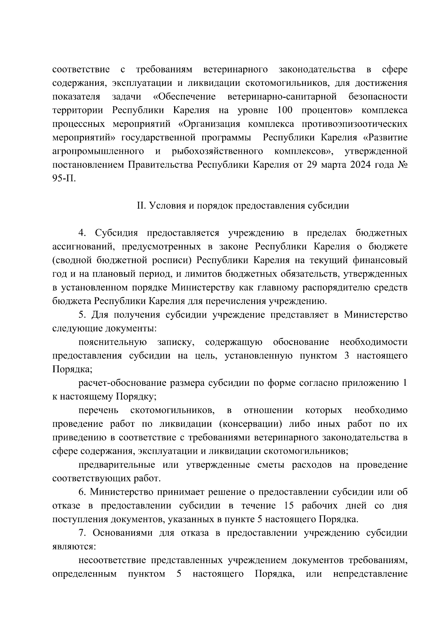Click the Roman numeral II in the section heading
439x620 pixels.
coord(141,206)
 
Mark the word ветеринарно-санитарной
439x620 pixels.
coord(282,97)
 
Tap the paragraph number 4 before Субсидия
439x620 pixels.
coord(83,233)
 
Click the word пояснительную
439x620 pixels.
coord(113,342)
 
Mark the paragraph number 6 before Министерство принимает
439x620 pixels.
coord(82,492)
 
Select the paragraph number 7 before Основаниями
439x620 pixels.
coord(82,533)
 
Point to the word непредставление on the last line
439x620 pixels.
coord(370,574)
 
